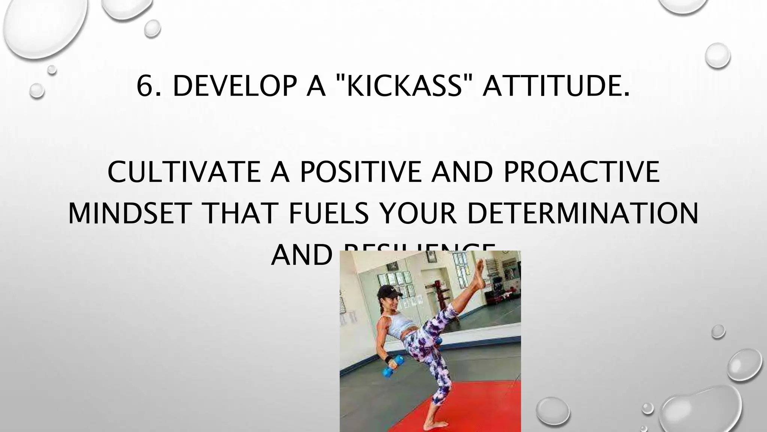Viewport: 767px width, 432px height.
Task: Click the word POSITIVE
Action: (x=361, y=172)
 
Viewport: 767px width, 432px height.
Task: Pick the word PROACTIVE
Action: (x=581, y=172)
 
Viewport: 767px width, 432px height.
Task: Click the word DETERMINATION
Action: (x=583, y=213)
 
